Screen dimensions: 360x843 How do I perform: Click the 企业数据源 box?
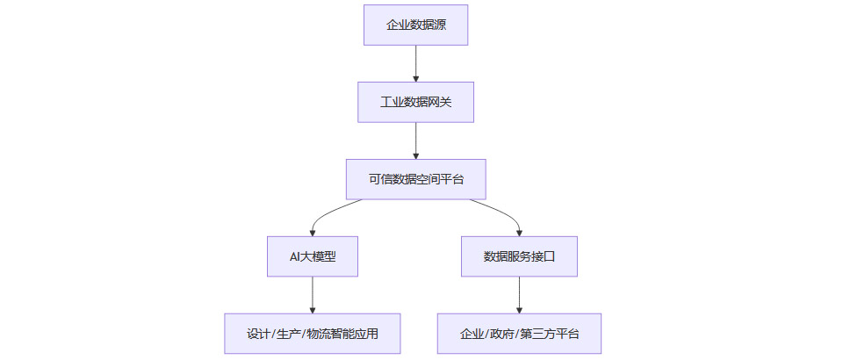coord(415,25)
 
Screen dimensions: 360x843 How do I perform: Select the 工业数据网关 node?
coord(415,102)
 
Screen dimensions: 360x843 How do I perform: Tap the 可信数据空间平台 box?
coord(415,179)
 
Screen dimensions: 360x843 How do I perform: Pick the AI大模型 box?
coord(313,256)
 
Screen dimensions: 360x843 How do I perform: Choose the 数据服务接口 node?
coord(519,256)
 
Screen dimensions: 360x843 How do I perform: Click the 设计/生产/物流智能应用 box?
coord(313,334)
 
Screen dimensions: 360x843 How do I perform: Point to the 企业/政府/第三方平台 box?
coord(519,334)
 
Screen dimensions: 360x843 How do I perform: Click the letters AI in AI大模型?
coord(296,256)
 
